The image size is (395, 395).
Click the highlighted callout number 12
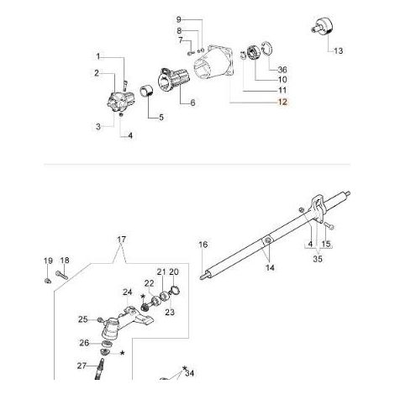click(282, 102)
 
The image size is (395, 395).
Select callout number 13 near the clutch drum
click(339, 50)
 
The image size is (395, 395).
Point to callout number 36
click(282, 69)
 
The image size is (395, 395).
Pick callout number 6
click(192, 103)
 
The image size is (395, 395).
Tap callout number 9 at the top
click(179, 19)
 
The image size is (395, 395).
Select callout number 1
click(98, 57)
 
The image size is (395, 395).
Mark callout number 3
click(98, 127)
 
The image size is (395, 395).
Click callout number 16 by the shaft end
click(203, 245)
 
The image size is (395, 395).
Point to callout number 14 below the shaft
click(270, 267)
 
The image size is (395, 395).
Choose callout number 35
click(318, 259)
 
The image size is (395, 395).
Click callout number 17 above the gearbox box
click(122, 240)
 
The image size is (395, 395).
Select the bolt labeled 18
click(62, 274)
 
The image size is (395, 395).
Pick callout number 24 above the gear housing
click(127, 292)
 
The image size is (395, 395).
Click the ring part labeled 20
click(175, 290)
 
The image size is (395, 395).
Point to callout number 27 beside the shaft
click(82, 366)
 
